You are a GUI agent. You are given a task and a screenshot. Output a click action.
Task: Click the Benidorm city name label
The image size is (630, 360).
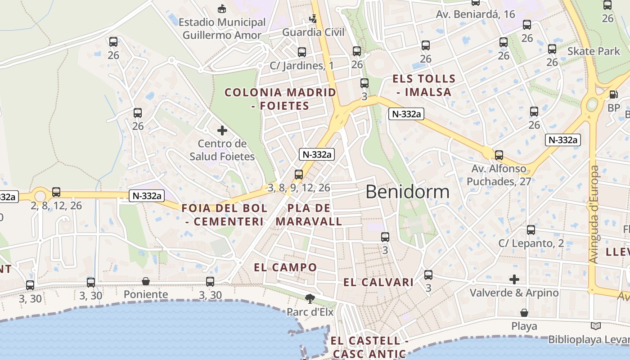click(407, 192)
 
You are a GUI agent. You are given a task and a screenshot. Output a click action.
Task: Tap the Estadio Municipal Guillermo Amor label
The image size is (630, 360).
click(222, 28)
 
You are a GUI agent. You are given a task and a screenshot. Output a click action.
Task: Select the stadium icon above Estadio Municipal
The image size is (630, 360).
click(222, 9)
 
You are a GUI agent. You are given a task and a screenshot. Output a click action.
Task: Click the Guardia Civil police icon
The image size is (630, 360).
click(313, 19)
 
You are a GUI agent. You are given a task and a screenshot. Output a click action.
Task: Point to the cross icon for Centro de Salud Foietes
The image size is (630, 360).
click(222, 130)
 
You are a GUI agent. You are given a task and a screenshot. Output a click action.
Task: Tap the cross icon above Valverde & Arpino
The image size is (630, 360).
click(514, 279)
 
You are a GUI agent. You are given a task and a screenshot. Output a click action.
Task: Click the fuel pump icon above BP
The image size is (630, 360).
click(613, 94)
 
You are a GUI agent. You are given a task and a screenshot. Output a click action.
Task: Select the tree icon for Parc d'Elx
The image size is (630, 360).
click(310, 298)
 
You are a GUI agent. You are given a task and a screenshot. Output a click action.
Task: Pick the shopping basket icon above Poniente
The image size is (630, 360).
click(146, 282)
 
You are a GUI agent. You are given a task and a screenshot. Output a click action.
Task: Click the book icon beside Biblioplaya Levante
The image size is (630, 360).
click(596, 326)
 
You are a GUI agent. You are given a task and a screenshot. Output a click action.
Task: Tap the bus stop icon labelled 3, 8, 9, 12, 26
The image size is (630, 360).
click(299, 175)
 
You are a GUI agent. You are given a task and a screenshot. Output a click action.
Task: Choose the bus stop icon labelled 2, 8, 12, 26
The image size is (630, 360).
click(56, 192)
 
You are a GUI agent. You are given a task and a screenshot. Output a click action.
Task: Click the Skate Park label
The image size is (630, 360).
click(594, 51)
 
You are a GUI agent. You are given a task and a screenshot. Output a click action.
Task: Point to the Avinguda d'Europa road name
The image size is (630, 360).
click(594, 215)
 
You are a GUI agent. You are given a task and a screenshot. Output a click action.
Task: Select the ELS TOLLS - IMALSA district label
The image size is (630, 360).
click(424, 85)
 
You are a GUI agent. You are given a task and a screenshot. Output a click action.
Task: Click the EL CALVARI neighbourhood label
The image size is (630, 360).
click(378, 283)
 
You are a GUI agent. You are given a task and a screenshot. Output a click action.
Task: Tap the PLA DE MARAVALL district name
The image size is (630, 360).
click(309, 215)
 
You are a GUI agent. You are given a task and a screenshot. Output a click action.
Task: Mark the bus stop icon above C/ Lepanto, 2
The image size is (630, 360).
click(531, 230)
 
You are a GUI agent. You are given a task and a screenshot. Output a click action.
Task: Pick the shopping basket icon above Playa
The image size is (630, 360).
click(524, 312)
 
